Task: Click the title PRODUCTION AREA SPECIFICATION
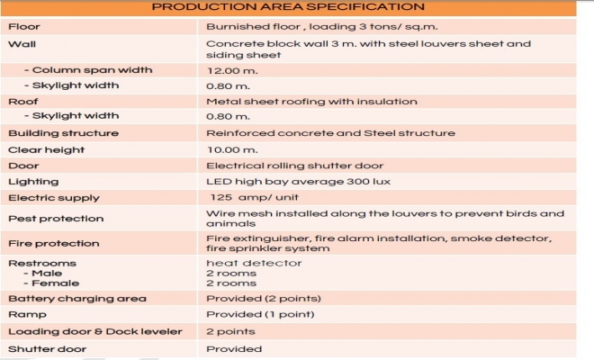click(288, 7)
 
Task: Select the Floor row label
click(24, 26)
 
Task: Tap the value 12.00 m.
click(232, 71)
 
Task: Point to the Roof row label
click(23, 102)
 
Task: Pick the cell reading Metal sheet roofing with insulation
click(311, 102)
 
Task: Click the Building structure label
click(63, 133)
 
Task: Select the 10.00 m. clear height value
click(232, 150)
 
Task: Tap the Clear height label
click(46, 150)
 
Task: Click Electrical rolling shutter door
click(294, 166)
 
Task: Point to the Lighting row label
click(33, 182)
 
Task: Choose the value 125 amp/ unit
click(254, 197)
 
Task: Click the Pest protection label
click(56, 219)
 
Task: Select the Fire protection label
click(53, 243)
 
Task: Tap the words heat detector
click(254, 263)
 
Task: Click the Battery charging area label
click(77, 299)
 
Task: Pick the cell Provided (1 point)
click(260, 314)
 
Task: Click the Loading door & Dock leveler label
click(95, 331)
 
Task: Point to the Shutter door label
click(47, 349)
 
